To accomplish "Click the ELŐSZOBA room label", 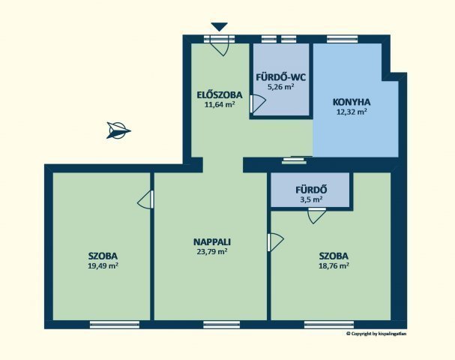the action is coord(220,95).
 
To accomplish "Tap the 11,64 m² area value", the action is coord(220,104).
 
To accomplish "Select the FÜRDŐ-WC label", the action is coord(281,77).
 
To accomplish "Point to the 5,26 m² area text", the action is coord(281,87).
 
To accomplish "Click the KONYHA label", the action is coord(352,102).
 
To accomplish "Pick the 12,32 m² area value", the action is coord(352,112).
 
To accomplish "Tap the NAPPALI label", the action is coord(212,241).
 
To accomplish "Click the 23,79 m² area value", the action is coord(212,251).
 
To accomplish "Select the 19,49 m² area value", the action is coord(103,265).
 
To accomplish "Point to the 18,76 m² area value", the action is coord(334,265).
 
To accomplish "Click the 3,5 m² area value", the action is coord(311,199).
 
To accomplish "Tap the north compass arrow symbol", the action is coord(118,130).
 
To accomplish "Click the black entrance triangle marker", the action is coord(220,27).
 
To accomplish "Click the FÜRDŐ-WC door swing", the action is coord(258,103).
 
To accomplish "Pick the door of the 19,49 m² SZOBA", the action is coord(145,199).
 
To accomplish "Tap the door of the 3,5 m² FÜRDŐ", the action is coord(317,216).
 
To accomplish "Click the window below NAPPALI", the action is coord(222,325).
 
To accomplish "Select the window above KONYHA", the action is coord(342,39).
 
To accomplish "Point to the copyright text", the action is coord(376,334).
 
